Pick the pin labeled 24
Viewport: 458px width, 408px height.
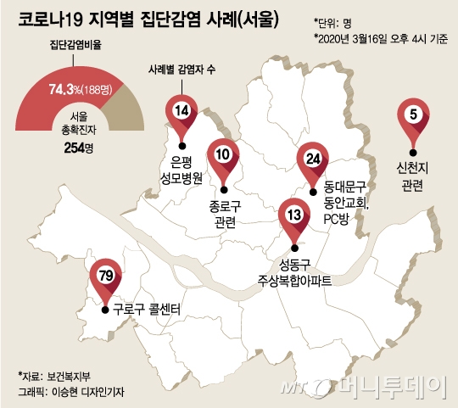tap(312, 159)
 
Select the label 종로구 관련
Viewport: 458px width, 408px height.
tap(225, 213)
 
